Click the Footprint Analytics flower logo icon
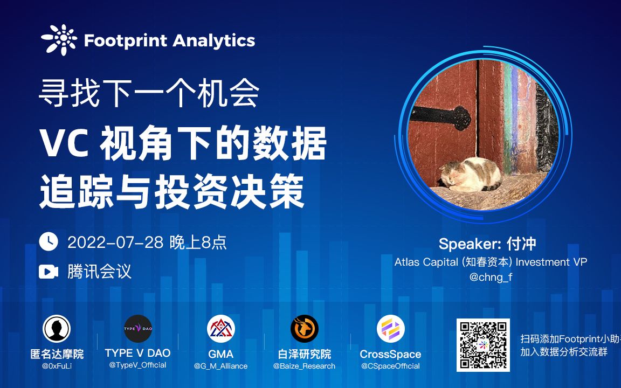tap(59, 40)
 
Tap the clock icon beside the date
tap(49, 242)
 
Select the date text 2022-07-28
tap(115, 242)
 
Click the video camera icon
tap(49, 272)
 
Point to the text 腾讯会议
tap(99, 272)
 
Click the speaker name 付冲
tap(521, 244)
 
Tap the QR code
tap(483, 345)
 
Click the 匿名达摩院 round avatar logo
tap(57, 329)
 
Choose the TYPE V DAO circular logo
tap(138, 329)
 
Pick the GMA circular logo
tap(221, 329)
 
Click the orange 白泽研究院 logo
tap(305, 329)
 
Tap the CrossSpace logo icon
tap(390, 329)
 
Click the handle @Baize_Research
tap(305, 366)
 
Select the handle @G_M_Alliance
tap(221, 366)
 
